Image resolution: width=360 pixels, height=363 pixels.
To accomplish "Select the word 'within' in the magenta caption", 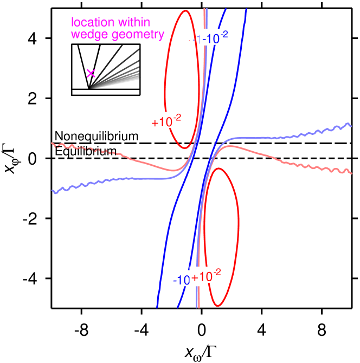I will [x=133, y=23].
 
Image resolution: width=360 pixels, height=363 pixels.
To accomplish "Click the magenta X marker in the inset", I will [x=91, y=73].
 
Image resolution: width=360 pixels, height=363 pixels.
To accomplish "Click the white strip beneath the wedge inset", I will [x=106, y=92].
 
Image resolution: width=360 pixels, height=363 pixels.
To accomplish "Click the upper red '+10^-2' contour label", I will [x=167, y=121].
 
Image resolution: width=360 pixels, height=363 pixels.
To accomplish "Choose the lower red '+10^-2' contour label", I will [x=207, y=276].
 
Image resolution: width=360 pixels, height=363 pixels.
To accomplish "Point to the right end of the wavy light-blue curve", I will [x=351, y=126].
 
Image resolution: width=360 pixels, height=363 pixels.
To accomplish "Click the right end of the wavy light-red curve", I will [x=352, y=173].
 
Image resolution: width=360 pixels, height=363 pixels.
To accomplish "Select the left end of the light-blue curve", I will [x=53, y=191].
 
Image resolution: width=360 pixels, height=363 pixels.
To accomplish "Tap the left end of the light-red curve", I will [x=52, y=144].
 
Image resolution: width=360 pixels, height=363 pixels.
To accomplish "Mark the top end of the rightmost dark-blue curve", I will [x=247, y=10].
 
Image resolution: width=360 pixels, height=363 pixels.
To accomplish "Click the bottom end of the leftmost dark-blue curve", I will [x=157, y=307].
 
